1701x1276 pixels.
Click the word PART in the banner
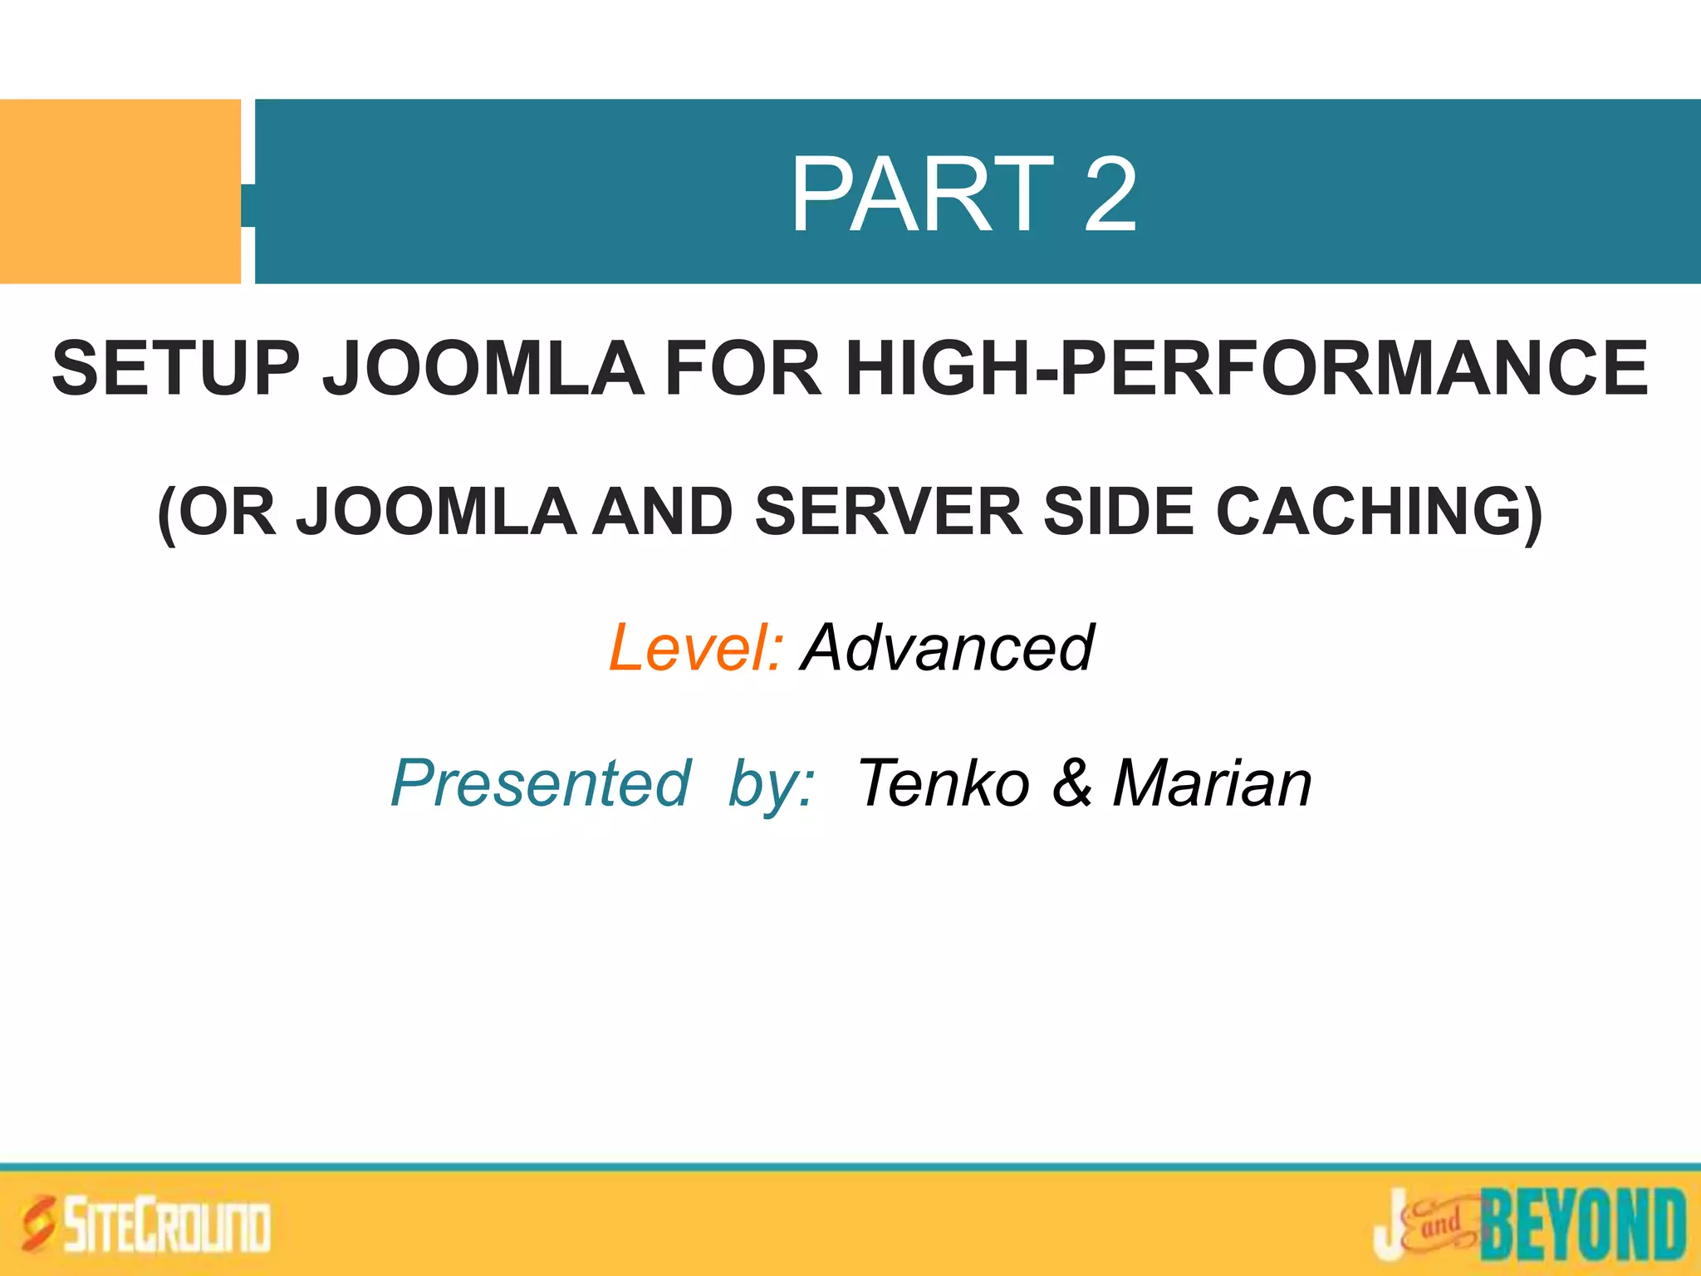point(922,195)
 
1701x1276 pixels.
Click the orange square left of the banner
point(120,191)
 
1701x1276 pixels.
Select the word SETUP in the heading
point(175,368)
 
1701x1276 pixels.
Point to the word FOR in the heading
point(743,368)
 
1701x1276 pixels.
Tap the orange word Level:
point(695,647)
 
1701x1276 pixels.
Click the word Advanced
point(948,647)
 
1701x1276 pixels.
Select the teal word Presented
point(540,783)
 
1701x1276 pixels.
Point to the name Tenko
point(943,783)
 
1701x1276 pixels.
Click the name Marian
point(1212,783)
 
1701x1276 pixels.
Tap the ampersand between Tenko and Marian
point(1072,783)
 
